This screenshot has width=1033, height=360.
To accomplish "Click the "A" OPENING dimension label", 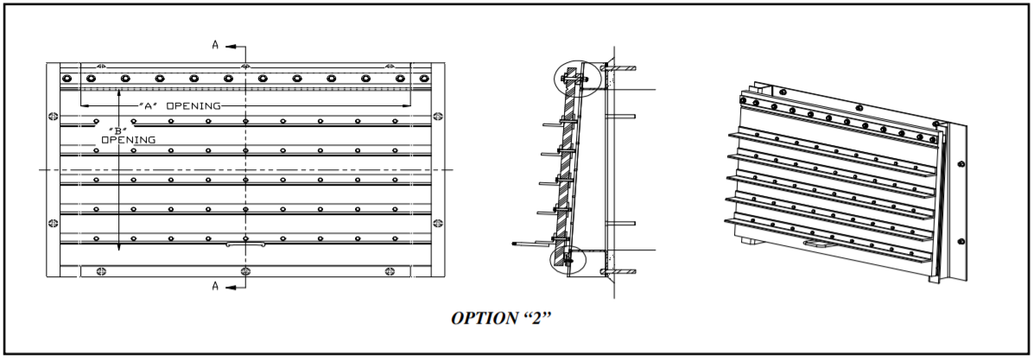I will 180,106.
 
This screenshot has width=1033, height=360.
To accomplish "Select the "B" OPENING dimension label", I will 129,135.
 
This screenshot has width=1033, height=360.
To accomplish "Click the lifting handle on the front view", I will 246,244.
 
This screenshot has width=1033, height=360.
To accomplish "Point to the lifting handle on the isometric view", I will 815,244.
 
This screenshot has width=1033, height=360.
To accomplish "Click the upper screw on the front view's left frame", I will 54,115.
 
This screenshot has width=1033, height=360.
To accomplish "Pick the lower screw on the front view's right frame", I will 439,224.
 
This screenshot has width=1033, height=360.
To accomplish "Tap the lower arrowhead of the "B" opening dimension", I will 118,247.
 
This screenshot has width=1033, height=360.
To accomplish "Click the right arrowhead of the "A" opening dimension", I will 407,106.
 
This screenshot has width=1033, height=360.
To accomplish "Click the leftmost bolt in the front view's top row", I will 66,79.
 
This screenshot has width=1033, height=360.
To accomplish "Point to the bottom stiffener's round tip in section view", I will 515,244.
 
